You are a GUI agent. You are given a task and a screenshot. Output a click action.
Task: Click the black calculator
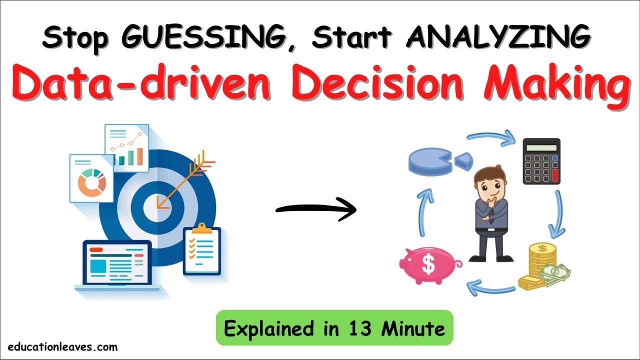(x=541, y=161)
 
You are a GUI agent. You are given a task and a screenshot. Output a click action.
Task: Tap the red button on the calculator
(x=554, y=175)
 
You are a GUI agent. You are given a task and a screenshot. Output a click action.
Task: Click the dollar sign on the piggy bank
(x=428, y=264)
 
